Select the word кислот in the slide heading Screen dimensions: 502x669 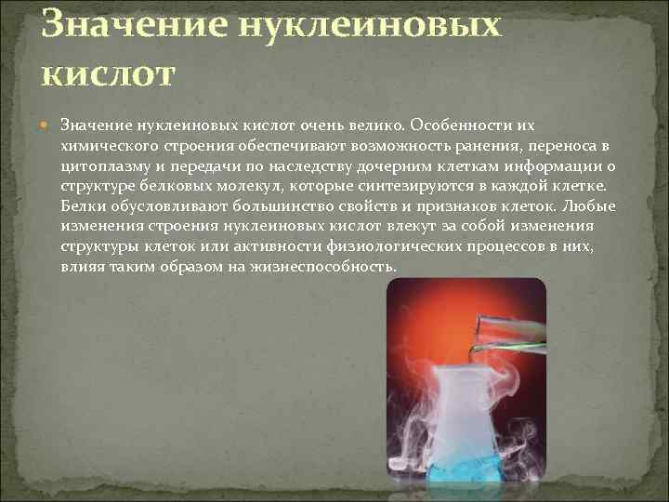coord(107,72)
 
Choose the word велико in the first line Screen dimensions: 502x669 coord(377,125)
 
